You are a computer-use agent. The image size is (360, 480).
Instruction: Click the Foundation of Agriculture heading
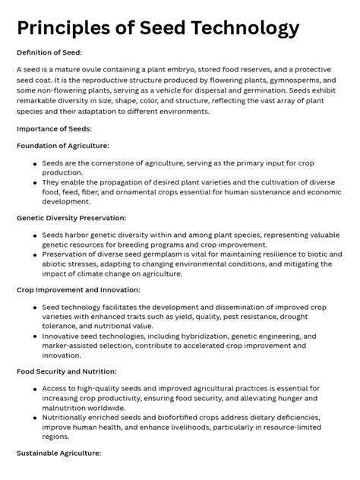[62, 145]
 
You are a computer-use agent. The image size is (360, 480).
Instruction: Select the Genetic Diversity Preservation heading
[72, 217]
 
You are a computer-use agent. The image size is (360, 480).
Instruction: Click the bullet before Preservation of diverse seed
[35, 254]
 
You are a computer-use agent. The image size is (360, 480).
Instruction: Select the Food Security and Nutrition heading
[67, 371]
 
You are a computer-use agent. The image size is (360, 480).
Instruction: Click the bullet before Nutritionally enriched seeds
[35, 418]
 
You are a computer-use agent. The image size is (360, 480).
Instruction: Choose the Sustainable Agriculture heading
[58, 453]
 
